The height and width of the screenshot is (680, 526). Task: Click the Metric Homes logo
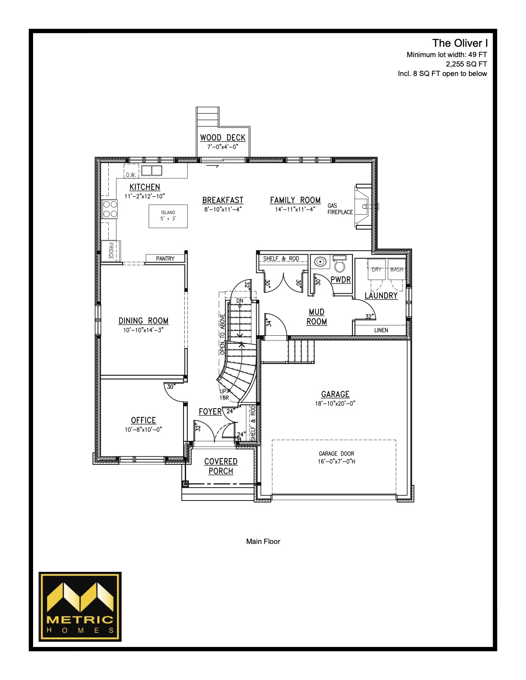[80, 607]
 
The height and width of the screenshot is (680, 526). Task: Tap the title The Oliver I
[459, 43]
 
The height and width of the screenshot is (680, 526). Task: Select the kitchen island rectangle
[168, 216]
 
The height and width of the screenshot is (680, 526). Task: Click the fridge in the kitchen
[111, 251]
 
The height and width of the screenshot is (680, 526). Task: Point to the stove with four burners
[110, 209]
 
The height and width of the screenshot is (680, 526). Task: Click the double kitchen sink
[151, 170]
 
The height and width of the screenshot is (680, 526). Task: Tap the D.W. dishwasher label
[131, 175]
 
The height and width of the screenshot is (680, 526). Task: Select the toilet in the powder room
[339, 263]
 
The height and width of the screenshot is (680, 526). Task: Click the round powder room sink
[320, 261]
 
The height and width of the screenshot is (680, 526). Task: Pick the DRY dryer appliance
[376, 269]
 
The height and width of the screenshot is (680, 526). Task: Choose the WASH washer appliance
[397, 269]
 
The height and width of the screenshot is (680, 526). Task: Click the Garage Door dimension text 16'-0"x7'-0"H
[336, 461]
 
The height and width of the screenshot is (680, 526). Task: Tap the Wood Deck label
[223, 138]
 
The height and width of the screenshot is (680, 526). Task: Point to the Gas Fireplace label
[340, 209]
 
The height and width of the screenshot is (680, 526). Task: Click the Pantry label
[165, 258]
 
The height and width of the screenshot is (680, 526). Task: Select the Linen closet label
[381, 330]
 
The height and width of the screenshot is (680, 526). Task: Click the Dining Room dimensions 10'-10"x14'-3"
[144, 330]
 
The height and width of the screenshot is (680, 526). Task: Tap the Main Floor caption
[263, 541]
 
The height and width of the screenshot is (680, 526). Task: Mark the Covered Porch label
[221, 466]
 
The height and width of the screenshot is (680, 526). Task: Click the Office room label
[144, 420]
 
